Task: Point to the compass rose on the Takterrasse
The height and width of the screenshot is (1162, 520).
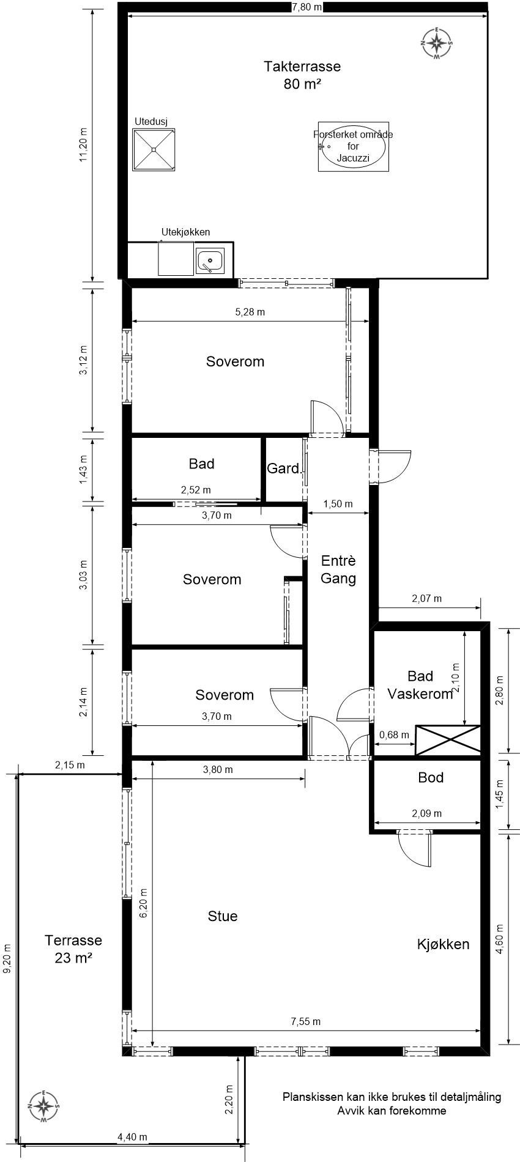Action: pyautogui.click(x=437, y=43)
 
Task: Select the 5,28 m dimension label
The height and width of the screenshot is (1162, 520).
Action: pyautogui.click(x=250, y=312)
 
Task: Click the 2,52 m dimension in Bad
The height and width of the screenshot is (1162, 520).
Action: pyautogui.click(x=196, y=490)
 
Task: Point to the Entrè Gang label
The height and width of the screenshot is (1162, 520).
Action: pyautogui.click(x=338, y=569)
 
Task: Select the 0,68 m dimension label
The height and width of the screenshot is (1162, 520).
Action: pyautogui.click(x=395, y=735)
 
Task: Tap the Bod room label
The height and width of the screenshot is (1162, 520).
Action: pyautogui.click(x=431, y=777)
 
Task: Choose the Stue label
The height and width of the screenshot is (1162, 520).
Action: pyautogui.click(x=223, y=916)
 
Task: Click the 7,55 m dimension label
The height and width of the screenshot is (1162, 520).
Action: pyautogui.click(x=306, y=1021)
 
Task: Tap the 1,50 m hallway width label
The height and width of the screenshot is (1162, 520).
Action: pyautogui.click(x=338, y=504)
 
